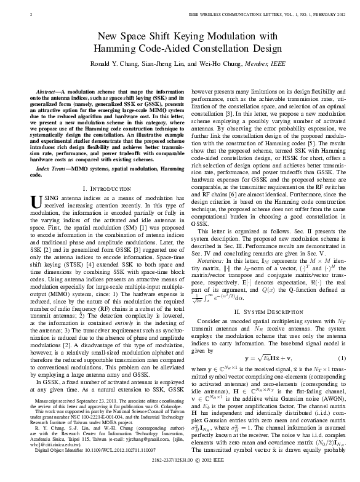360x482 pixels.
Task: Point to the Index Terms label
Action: (x=55, y=167)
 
